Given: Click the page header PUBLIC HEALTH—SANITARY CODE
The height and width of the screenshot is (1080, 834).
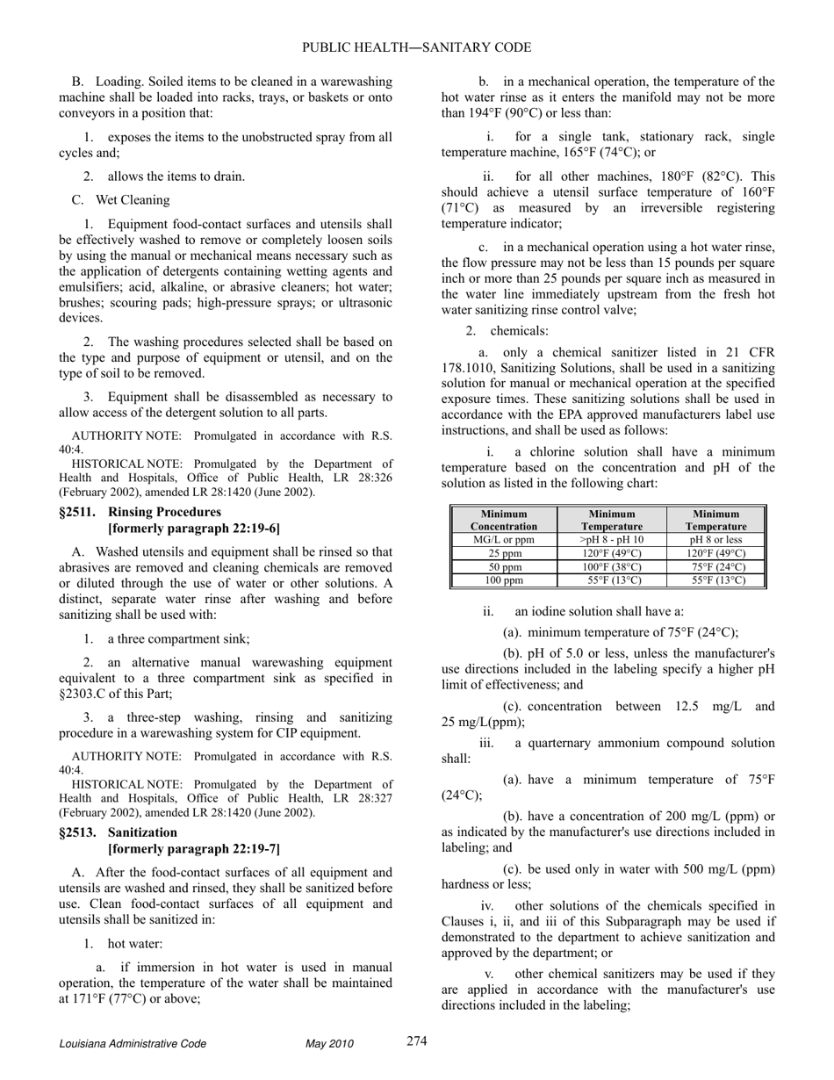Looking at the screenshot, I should pyautogui.click(x=417, y=47).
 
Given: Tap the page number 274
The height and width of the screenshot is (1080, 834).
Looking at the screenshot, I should pyautogui.click(x=417, y=1041).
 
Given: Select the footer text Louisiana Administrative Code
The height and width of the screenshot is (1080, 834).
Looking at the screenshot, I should pyautogui.click(x=133, y=1044).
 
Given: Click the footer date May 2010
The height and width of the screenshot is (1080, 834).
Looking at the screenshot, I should pyautogui.click(x=329, y=1044).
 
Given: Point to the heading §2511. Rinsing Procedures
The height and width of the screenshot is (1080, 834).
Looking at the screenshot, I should pyautogui.click(x=140, y=512).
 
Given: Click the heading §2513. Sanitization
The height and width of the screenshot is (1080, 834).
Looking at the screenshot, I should pyautogui.click(x=118, y=832).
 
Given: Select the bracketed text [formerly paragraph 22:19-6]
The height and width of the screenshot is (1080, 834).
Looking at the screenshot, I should pyautogui.click(x=193, y=529).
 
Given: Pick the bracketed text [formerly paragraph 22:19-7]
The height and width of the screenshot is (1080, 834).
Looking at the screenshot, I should pyautogui.click(x=193, y=849).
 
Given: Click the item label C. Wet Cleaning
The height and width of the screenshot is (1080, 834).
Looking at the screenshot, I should pyautogui.click(x=121, y=199).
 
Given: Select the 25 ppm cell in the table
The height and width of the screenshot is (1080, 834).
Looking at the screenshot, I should pyautogui.click(x=504, y=554).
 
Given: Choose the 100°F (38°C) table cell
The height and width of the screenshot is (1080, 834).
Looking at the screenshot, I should pyautogui.click(x=612, y=567).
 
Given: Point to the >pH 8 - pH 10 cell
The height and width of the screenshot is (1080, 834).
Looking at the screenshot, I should pyautogui.click(x=612, y=540).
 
